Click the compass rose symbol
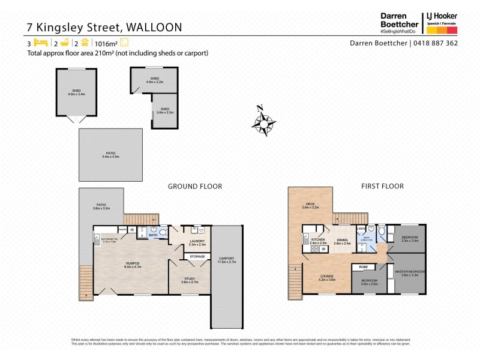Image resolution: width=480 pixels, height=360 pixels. [x=263, y=122]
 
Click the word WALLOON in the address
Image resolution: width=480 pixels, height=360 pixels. [x=145, y=27]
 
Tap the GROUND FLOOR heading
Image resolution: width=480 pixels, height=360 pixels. [x=194, y=187]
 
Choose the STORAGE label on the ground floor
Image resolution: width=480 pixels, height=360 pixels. [x=197, y=256]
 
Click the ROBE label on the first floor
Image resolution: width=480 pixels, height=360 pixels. [x=364, y=267]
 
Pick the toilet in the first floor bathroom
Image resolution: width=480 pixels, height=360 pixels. [x=380, y=230]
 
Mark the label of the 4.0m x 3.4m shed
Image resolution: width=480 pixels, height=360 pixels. [x=76, y=92]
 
